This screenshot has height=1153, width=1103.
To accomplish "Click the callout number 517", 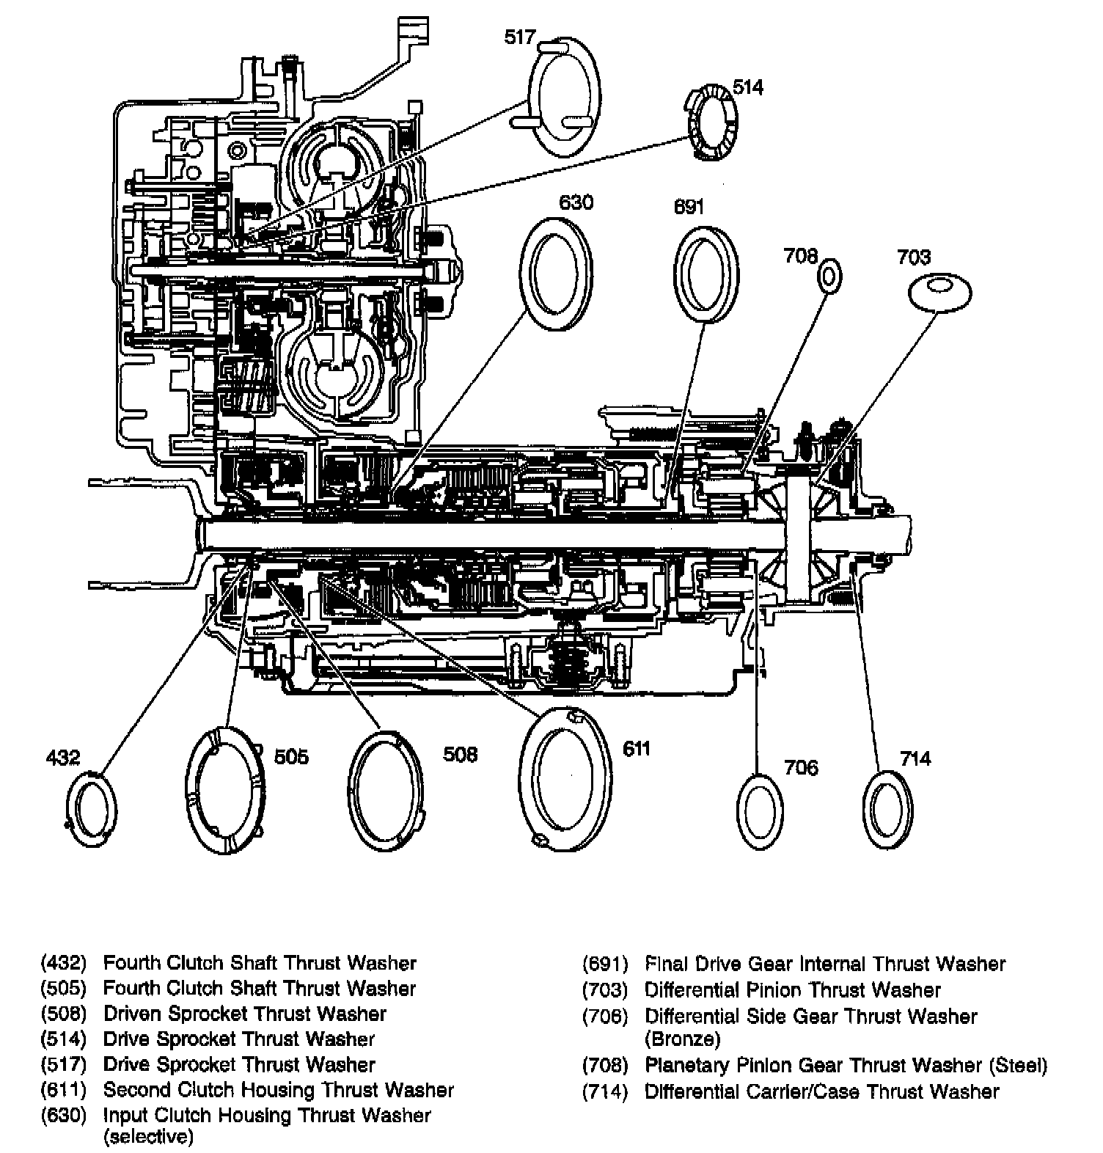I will click(x=520, y=37).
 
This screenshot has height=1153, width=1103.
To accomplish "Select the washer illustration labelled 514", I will click(x=712, y=122).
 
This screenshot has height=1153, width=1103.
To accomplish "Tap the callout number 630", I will click(x=576, y=202).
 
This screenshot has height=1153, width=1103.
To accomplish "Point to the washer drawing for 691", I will click(x=706, y=274).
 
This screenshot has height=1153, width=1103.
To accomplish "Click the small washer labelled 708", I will click(x=829, y=277).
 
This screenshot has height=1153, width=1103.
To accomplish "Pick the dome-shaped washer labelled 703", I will click(x=940, y=291).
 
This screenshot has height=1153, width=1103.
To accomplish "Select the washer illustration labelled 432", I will click(x=91, y=810).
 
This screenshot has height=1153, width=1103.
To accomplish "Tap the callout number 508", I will click(x=460, y=754).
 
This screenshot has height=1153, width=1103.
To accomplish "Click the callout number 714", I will click(x=915, y=758).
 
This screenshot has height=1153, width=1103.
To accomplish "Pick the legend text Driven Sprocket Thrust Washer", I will click(x=245, y=1014).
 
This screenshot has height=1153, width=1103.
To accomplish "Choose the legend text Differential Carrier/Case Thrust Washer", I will click(x=821, y=1091).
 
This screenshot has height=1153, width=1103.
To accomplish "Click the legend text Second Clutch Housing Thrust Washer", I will click(x=279, y=1090).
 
